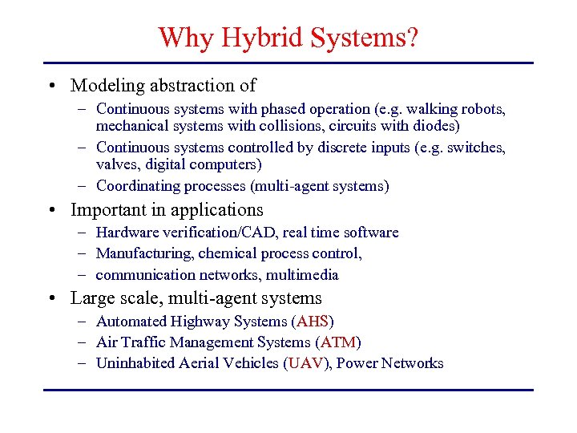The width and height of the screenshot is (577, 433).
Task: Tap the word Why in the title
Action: (x=184, y=37)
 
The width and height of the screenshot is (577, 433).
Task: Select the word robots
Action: (x=484, y=108)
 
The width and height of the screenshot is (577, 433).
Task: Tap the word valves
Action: (x=115, y=164)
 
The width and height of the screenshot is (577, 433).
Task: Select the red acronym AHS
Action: (x=313, y=322)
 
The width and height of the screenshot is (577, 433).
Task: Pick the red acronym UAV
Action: (x=307, y=363)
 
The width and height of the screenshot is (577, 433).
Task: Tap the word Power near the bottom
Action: (x=357, y=363)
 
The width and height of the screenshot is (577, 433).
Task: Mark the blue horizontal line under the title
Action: (x=288, y=63)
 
